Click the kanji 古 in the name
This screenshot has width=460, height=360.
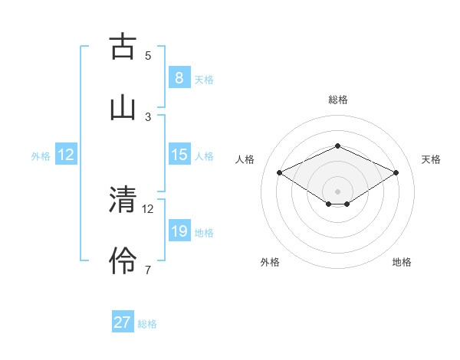coord(123,47)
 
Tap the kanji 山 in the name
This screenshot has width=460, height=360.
coord(123,106)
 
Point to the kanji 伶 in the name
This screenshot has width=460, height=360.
coord(123,260)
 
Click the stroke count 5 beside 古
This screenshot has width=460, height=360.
coord(148,55)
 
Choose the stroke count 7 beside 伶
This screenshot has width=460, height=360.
coord(148,269)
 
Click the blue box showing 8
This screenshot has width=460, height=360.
coord(179,78)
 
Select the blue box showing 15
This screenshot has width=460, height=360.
coord(179,155)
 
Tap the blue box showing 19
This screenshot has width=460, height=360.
coord(179,231)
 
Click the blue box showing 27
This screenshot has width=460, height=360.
coord(123,322)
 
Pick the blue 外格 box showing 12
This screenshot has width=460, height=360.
coord(66,155)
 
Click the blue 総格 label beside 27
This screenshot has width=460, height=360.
coord(147,324)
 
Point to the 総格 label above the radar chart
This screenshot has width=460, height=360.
coord(337,100)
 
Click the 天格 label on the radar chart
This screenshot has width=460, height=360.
coord(431,159)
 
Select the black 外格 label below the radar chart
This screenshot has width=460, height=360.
coord(270,262)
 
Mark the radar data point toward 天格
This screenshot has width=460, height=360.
coord(396,172)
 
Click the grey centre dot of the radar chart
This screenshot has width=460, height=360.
coord(337,191)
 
